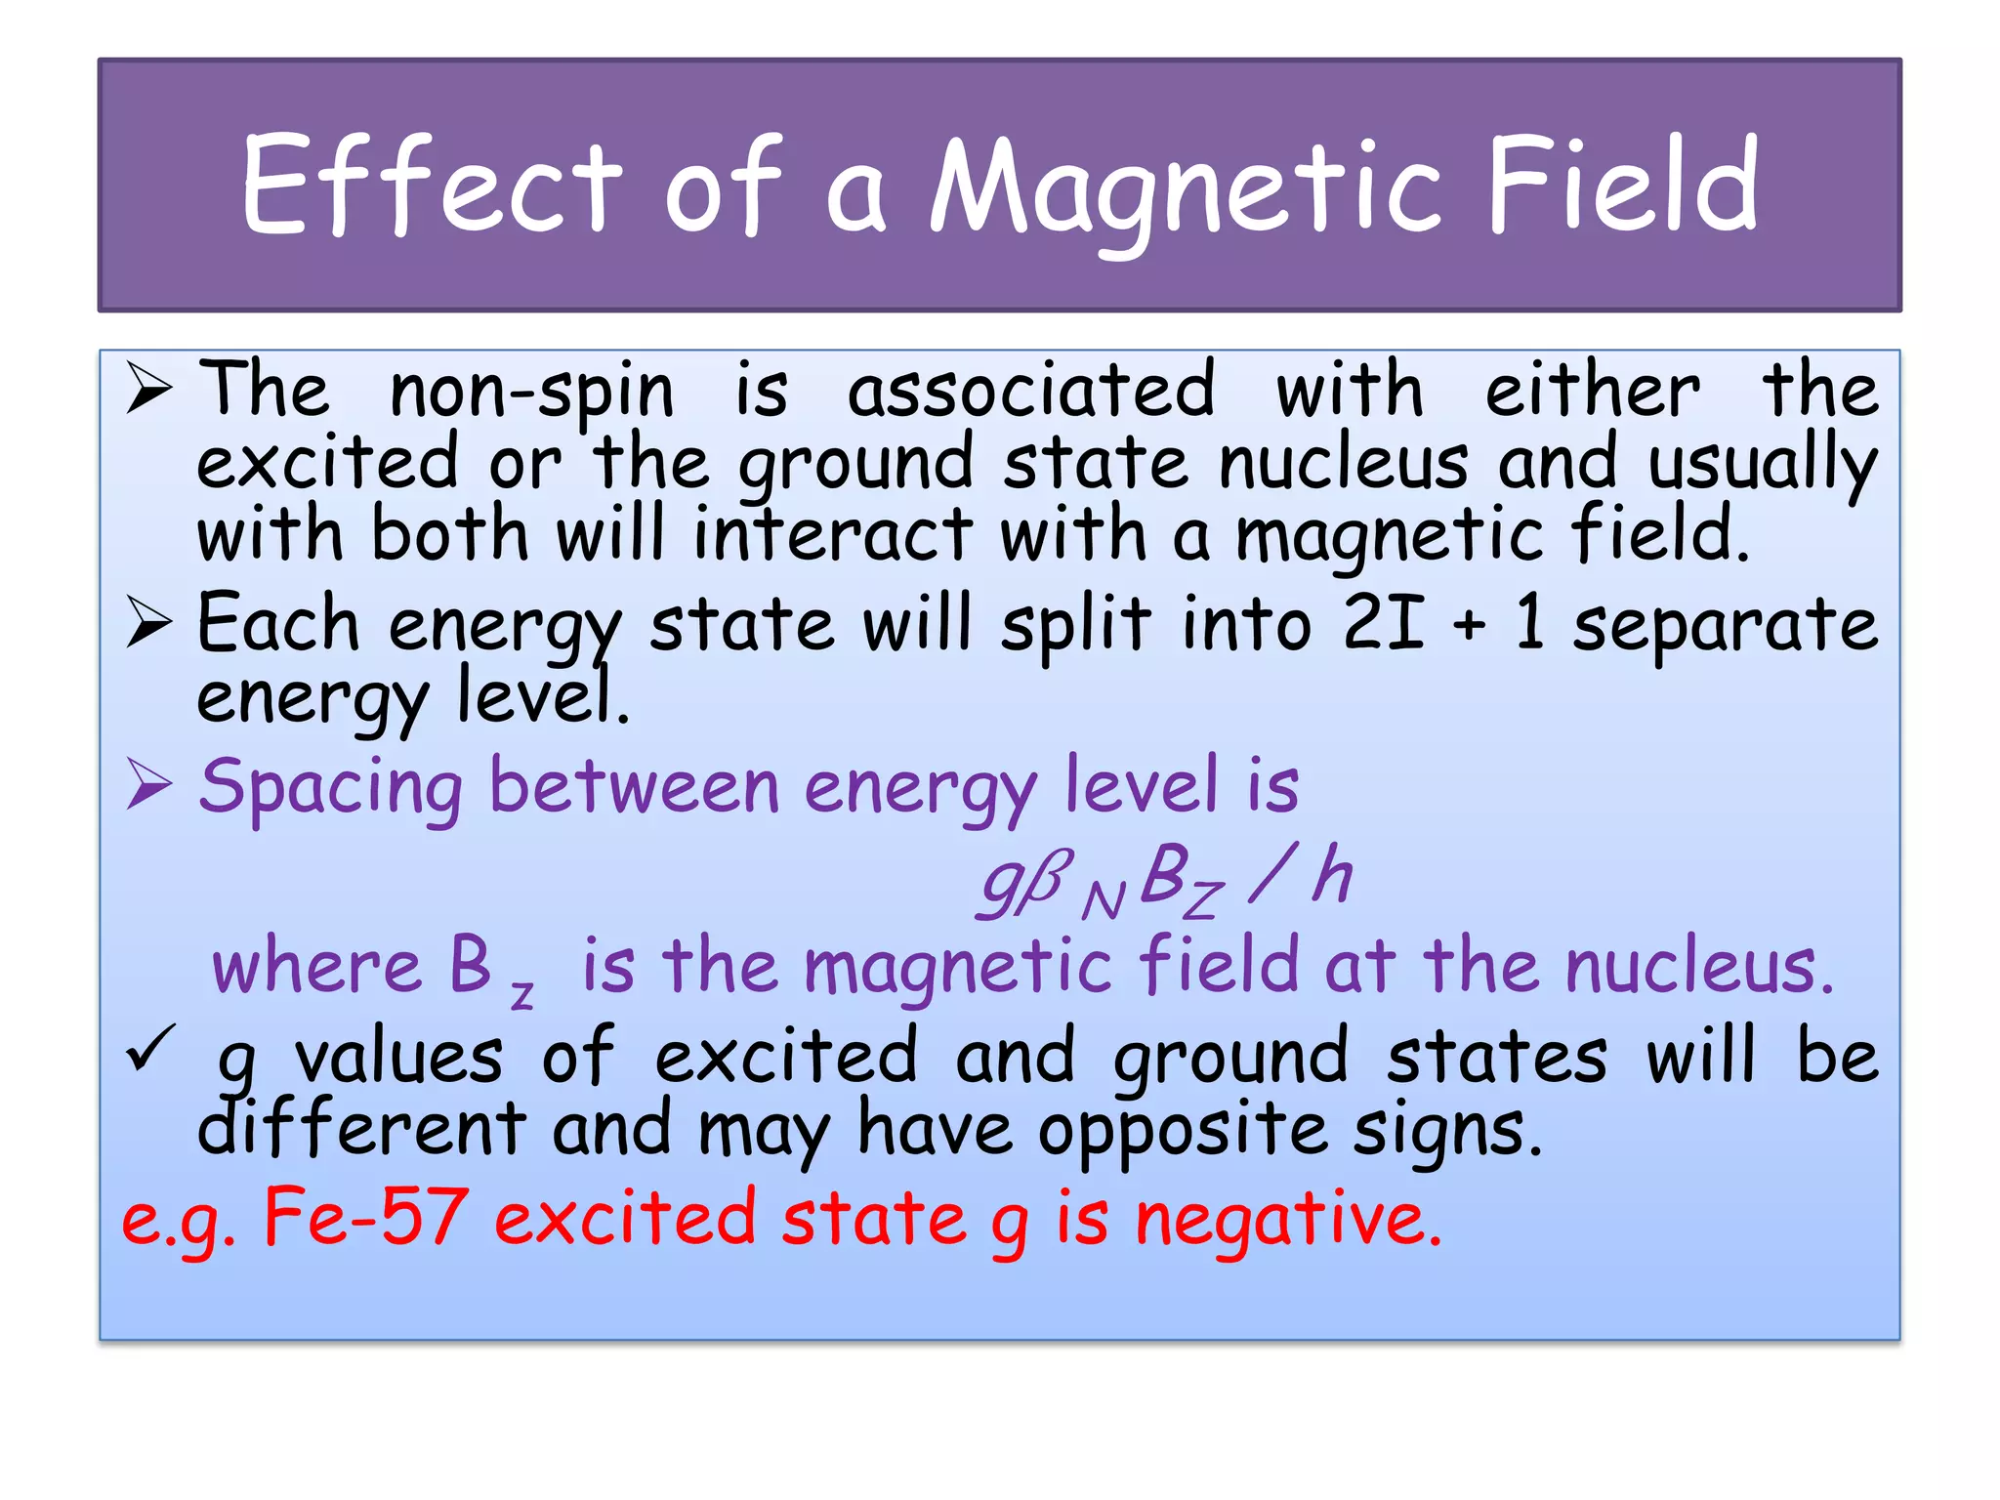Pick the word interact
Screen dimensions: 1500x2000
click(833, 534)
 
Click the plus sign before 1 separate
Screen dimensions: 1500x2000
click(1469, 626)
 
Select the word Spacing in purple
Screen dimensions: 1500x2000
click(330, 787)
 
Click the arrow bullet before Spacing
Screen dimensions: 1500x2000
click(149, 786)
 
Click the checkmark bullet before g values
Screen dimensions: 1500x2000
click(150, 1049)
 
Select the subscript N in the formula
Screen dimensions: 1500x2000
click(1104, 900)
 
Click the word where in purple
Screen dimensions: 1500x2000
click(317, 967)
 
